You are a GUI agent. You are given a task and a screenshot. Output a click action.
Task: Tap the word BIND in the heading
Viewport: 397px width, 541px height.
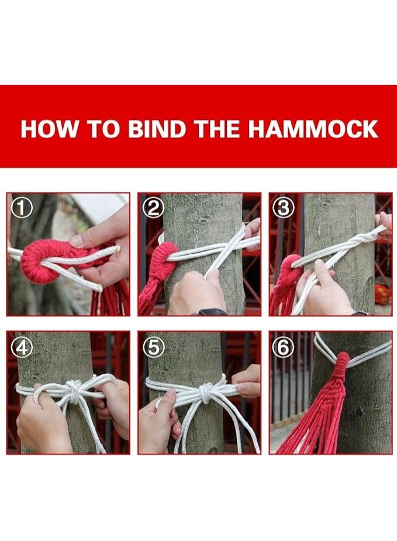[x=158, y=129]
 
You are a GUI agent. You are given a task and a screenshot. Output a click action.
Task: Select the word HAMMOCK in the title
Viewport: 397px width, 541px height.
[x=313, y=129]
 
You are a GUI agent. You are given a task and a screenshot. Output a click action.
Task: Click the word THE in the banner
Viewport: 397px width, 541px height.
[x=218, y=129]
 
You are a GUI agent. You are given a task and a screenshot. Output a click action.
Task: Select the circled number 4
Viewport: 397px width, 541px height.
[x=22, y=347]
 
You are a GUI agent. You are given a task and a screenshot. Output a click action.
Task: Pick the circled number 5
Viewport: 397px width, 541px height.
[x=153, y=347]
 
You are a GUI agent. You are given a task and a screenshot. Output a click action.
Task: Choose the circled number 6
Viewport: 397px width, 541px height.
[x=283, y=347]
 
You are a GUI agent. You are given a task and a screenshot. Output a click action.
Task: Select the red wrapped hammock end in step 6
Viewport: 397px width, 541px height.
[x=340, y=366]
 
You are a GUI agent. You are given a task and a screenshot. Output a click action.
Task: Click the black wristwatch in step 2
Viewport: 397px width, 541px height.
[x=212, y=312]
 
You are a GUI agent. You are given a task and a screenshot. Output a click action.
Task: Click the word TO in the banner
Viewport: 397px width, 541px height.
[x=103, y=129]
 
